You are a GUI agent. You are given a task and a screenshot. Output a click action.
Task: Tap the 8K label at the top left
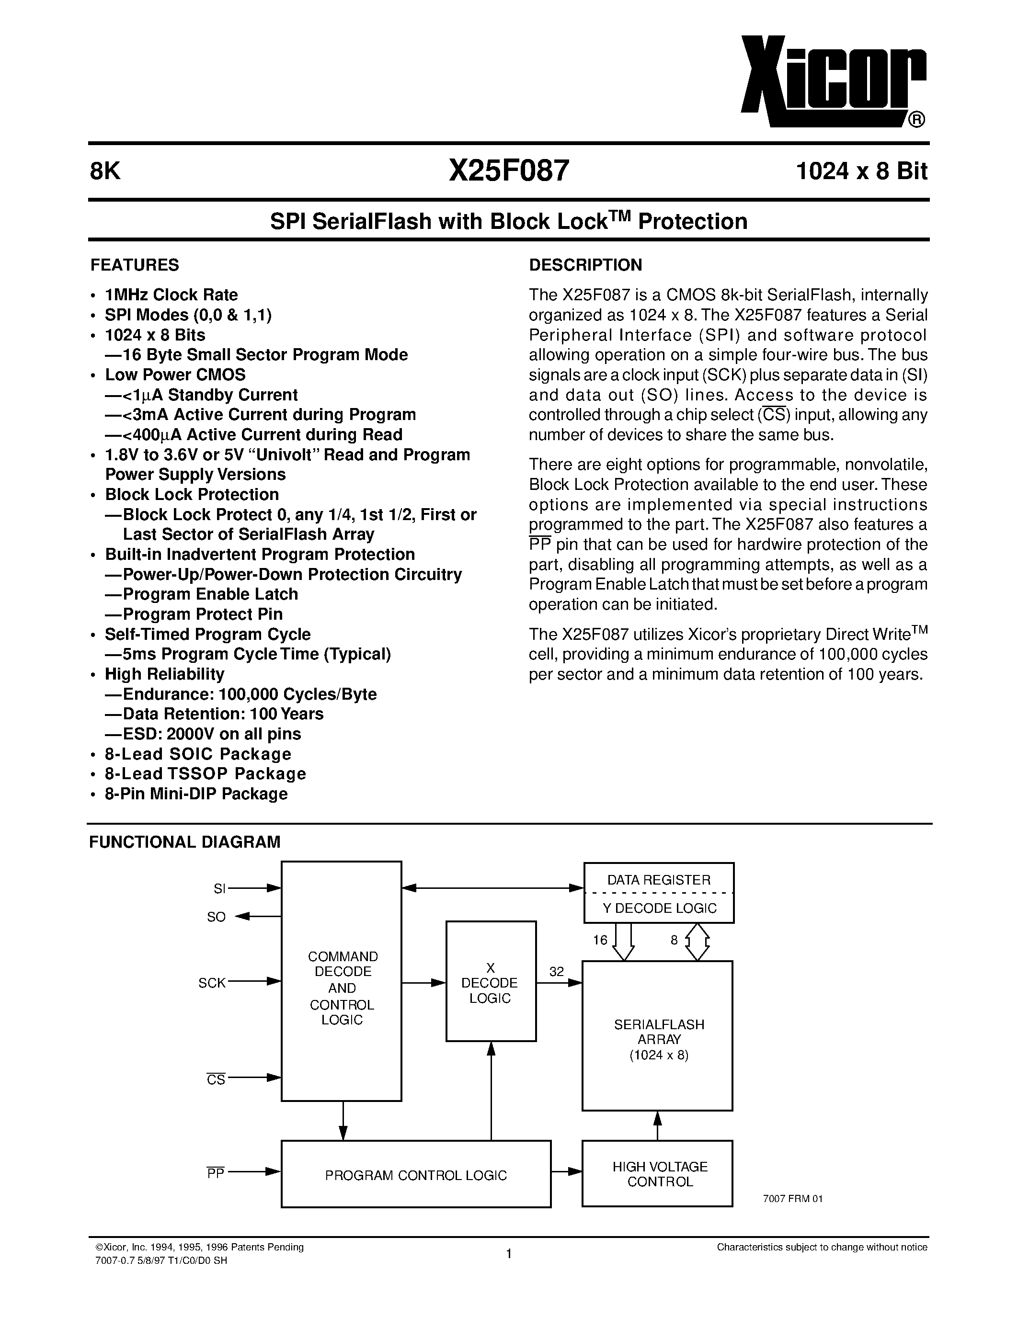coord(105,172)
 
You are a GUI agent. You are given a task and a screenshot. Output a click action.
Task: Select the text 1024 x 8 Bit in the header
coord(861,172)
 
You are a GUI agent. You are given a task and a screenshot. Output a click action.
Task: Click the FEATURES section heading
coord(135,265)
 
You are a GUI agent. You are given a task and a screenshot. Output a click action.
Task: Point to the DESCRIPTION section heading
coord(585,265)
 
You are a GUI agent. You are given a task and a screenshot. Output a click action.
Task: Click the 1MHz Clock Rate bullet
coord(172,295)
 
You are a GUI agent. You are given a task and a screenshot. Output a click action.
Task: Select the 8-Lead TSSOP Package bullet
coord(205,773)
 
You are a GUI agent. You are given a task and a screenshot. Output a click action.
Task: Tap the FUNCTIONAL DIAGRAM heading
coord(184,842)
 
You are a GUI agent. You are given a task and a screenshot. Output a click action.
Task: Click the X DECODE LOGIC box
coord(490,983)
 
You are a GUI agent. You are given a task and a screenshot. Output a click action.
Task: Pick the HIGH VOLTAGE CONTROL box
coord(659,1174)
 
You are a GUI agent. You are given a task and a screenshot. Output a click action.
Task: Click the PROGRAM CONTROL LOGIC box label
coord(415,1175)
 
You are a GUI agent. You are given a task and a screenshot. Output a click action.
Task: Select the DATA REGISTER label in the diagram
coord(659,880)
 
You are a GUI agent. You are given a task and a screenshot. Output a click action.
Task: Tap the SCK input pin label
coord(212,983)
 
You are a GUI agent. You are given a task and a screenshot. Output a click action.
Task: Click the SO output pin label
coord(216,917)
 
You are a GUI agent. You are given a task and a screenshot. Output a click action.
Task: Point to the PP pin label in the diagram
coord(215,1173)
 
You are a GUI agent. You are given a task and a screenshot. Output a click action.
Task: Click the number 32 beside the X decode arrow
coord(556,972)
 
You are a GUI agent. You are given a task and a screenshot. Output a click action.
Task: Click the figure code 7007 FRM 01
coord(792,1199)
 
